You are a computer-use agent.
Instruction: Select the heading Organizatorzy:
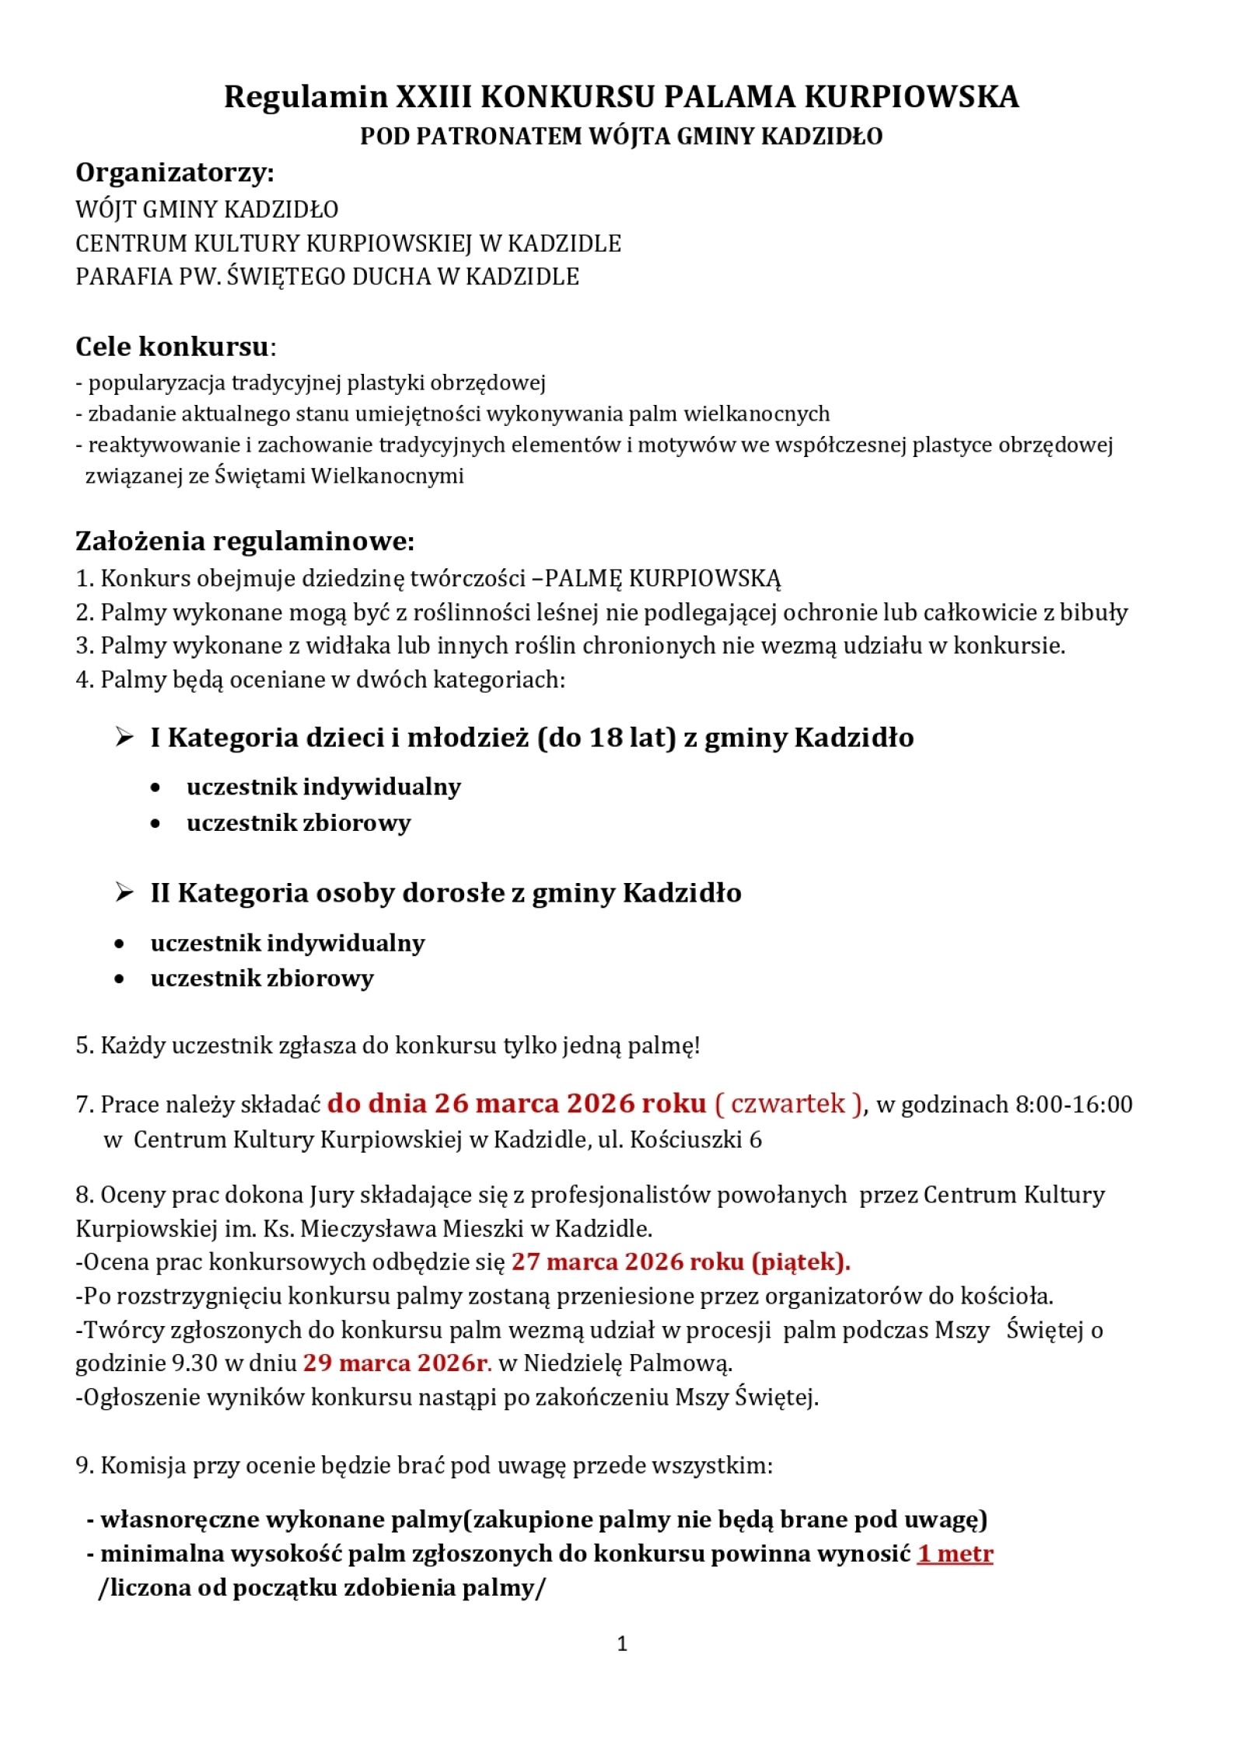click(175, 173)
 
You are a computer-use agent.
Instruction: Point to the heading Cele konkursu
click(172, 347)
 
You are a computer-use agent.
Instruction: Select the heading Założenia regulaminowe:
click(245, 541)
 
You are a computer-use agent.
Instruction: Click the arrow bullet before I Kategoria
click(124, 737)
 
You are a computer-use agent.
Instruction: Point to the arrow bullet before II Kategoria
click(124, 892)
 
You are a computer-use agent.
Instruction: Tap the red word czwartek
click(788, 1104)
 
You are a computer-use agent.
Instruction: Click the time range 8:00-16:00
click(1074, 1105)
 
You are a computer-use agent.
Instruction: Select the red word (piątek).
click(801, 1262)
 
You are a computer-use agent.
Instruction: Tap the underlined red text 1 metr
click(955, 1553)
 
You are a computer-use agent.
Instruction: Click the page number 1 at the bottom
click(621, 1643)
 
